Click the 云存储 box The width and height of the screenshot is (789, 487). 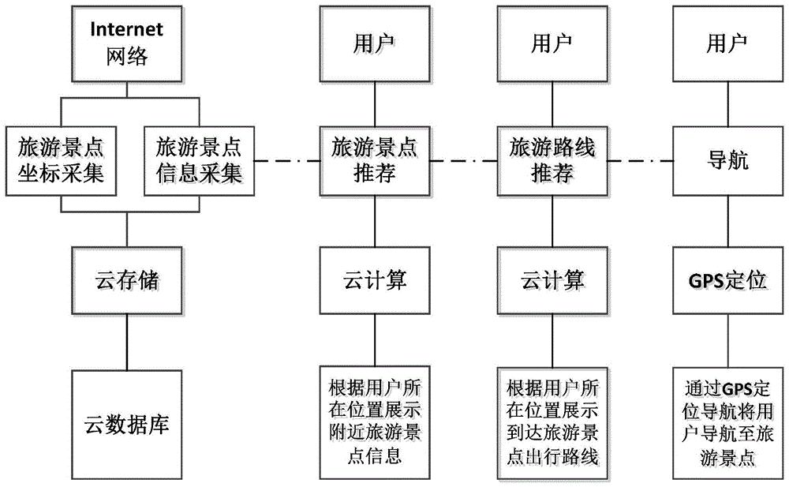[x=127, y=279]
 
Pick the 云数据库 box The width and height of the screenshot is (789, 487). [x=127, y=425]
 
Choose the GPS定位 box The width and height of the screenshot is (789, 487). [x=727, y=279]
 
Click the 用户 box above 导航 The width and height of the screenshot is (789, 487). [x=727, y=43]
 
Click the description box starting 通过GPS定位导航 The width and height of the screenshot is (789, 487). [x=727, y=422]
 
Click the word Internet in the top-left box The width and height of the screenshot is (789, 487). [x=127, y=30]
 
